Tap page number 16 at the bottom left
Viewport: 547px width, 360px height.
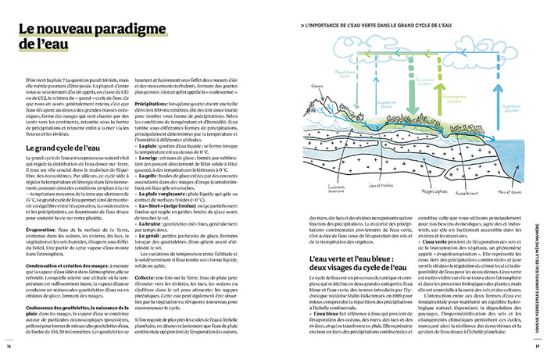coord(9,347)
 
